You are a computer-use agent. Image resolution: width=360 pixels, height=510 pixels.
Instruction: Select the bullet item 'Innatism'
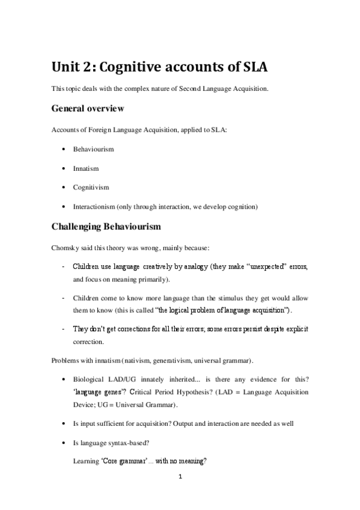tap(86, 168)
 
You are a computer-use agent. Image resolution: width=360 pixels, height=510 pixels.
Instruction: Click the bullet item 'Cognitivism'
tap(91, 188)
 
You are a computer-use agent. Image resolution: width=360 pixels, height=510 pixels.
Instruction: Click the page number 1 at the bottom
tap(180, 478)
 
